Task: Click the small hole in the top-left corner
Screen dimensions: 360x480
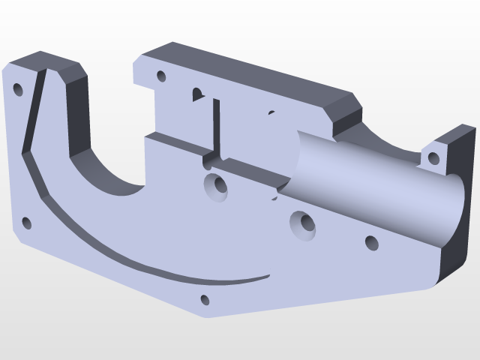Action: [18, 90]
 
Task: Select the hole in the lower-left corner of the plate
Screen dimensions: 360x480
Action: [27, 223]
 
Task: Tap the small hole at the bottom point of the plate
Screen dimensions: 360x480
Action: [205, 300]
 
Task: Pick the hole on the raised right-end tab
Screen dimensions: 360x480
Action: [433, 158]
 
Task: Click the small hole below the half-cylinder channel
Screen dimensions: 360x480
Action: [371, 242]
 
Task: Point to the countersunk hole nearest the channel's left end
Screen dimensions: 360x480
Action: [303, 223]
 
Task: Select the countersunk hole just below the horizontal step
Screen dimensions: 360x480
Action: [217, 185]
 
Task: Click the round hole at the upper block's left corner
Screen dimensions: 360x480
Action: [160, 76]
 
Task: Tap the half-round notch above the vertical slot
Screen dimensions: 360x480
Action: [198, 94]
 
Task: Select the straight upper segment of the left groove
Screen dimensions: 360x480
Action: [34, 112]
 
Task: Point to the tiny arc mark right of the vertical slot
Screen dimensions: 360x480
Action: [271, 113]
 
